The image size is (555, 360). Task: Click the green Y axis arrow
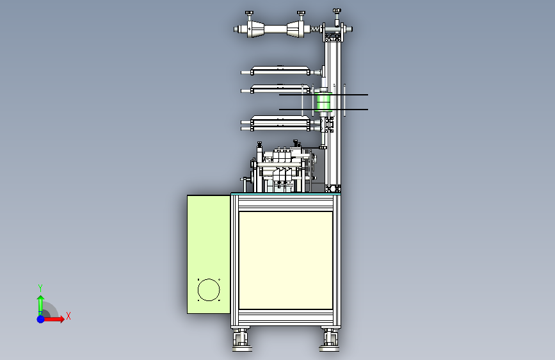(x=40, y=305)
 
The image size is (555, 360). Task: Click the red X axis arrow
(x=53, y=319)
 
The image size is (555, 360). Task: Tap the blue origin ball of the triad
(x=41, y=319)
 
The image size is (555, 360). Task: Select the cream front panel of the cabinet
(x=286, y=261)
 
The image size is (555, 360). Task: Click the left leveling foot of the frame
(x=242, y=340)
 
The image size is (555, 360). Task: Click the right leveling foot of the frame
(x=329, y=340)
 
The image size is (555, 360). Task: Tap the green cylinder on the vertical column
(x=323, y=102)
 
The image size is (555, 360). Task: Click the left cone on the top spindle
(x=255, y=29)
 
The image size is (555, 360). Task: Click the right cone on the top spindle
(x=295, y=29)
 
